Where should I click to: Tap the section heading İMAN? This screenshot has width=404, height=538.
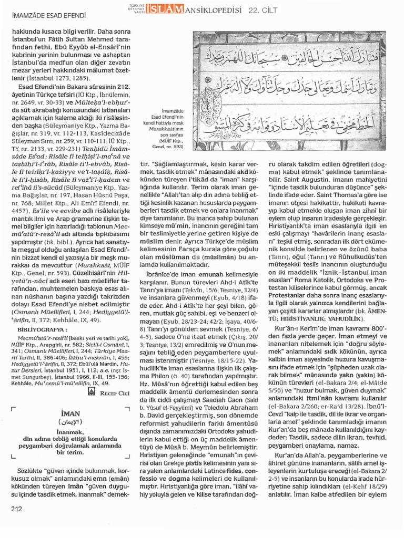pos(69,413)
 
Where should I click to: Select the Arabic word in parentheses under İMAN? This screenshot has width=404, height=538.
pos(69,421)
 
